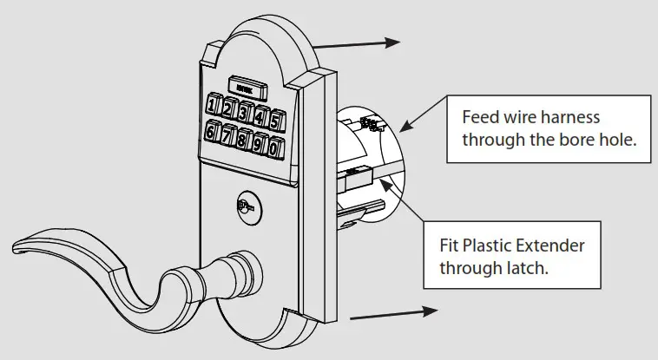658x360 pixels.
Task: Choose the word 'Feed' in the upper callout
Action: pos(480,117)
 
